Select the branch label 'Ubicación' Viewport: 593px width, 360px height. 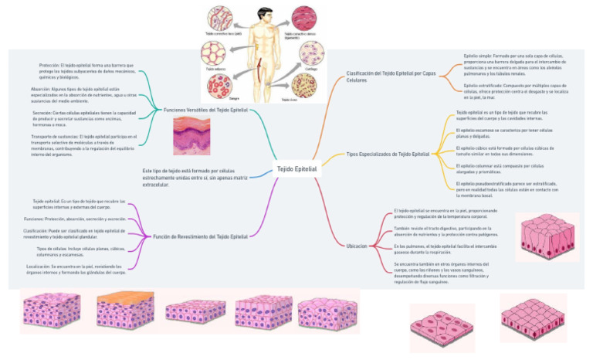click(357, 246)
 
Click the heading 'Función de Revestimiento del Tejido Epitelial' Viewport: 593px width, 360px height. click(201, 236)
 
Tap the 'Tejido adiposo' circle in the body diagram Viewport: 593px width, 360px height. click(213, 54)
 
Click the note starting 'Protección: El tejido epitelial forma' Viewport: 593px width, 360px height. click(87, 71)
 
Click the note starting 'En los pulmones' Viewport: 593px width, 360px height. click(442, 248)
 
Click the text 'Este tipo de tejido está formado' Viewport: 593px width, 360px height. click(198, 177)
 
